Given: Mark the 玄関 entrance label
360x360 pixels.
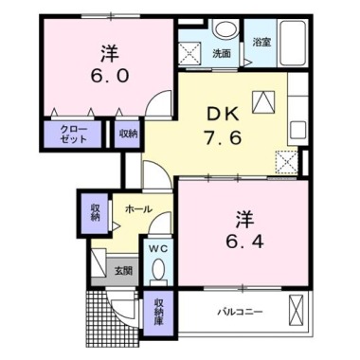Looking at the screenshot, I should tap(123, 270).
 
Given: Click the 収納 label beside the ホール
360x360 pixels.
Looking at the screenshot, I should tap(96, 212).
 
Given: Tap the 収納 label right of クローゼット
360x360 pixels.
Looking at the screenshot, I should tap(127, 134).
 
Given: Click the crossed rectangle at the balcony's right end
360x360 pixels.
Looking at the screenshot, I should tap(297, 309).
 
